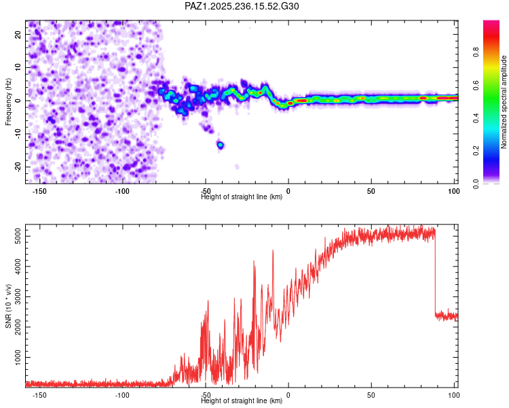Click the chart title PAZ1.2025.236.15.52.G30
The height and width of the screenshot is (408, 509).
[242, 6]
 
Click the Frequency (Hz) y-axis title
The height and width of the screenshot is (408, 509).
[8, 102]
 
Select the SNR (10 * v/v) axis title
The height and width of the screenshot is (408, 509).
[8, 306]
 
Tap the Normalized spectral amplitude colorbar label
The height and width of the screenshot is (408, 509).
[504, 102]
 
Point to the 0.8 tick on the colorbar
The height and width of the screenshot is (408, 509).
[476, 52]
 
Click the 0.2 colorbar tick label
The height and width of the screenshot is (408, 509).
[476, 151]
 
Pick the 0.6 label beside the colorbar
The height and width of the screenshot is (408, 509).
[476, 85]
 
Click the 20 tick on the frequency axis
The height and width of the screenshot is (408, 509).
[18, 34]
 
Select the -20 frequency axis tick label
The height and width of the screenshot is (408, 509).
[18, 167]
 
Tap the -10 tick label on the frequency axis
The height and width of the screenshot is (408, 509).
[18, 134]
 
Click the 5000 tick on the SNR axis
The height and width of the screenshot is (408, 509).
[18, 236]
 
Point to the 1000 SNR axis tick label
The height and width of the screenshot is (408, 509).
[18, 357]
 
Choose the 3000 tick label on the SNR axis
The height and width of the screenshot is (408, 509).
[18, 296]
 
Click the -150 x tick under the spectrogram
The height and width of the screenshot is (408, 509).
[39, 191]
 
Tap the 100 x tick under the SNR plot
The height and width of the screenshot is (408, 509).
[453, 395]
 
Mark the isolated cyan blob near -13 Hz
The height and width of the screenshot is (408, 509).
[221, 145]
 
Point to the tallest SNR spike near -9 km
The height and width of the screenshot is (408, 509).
[273, 251]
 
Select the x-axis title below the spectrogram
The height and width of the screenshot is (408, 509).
[242, 197]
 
